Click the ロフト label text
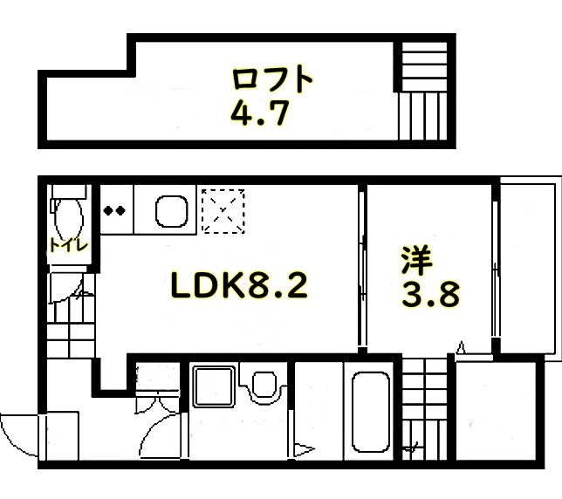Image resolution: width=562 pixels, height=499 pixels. coord(272,79)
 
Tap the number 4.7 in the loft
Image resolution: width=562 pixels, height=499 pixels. coord(259,113)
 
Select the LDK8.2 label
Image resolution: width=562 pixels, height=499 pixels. coord(239,285)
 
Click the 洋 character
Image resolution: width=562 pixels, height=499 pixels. coord(417,261)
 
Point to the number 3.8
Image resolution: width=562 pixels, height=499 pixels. coord(430,295)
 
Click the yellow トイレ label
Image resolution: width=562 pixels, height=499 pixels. coord(68,245)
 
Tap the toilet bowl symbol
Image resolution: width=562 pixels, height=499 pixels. coord(68,216)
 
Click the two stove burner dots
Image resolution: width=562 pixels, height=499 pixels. coord(114,210)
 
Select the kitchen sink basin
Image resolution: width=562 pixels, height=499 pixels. coord(172,211)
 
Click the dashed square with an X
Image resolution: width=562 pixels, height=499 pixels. coord(223,211)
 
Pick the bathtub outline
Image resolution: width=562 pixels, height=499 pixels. coord(371,413)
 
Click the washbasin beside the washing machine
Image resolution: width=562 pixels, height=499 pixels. coord(264,385)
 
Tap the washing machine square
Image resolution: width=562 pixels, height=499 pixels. coord(214,386)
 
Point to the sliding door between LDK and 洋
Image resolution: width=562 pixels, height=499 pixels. coord(362,270)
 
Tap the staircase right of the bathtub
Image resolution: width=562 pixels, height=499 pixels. coord(424,409)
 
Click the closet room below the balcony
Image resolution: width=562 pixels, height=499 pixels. coord(496,411)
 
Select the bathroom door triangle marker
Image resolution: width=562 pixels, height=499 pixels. coord(305,449)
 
